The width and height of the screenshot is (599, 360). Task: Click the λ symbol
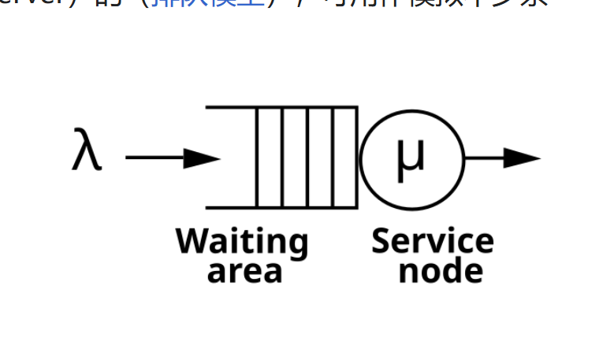click(87, 152)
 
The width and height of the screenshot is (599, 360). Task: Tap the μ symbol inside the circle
click(411, 154)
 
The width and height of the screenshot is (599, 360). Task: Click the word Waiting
click(242, 242)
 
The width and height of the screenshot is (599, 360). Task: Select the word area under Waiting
click(244, 271)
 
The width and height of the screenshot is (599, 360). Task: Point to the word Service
click(433, 242)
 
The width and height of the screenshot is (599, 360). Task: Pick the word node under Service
click(441, 271)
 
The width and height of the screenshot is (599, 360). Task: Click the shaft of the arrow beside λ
click(154, 158)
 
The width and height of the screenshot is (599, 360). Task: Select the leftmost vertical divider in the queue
click(258, 158)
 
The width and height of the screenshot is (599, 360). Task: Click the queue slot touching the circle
click(345, 158)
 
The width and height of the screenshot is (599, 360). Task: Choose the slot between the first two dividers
click(270, 158)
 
